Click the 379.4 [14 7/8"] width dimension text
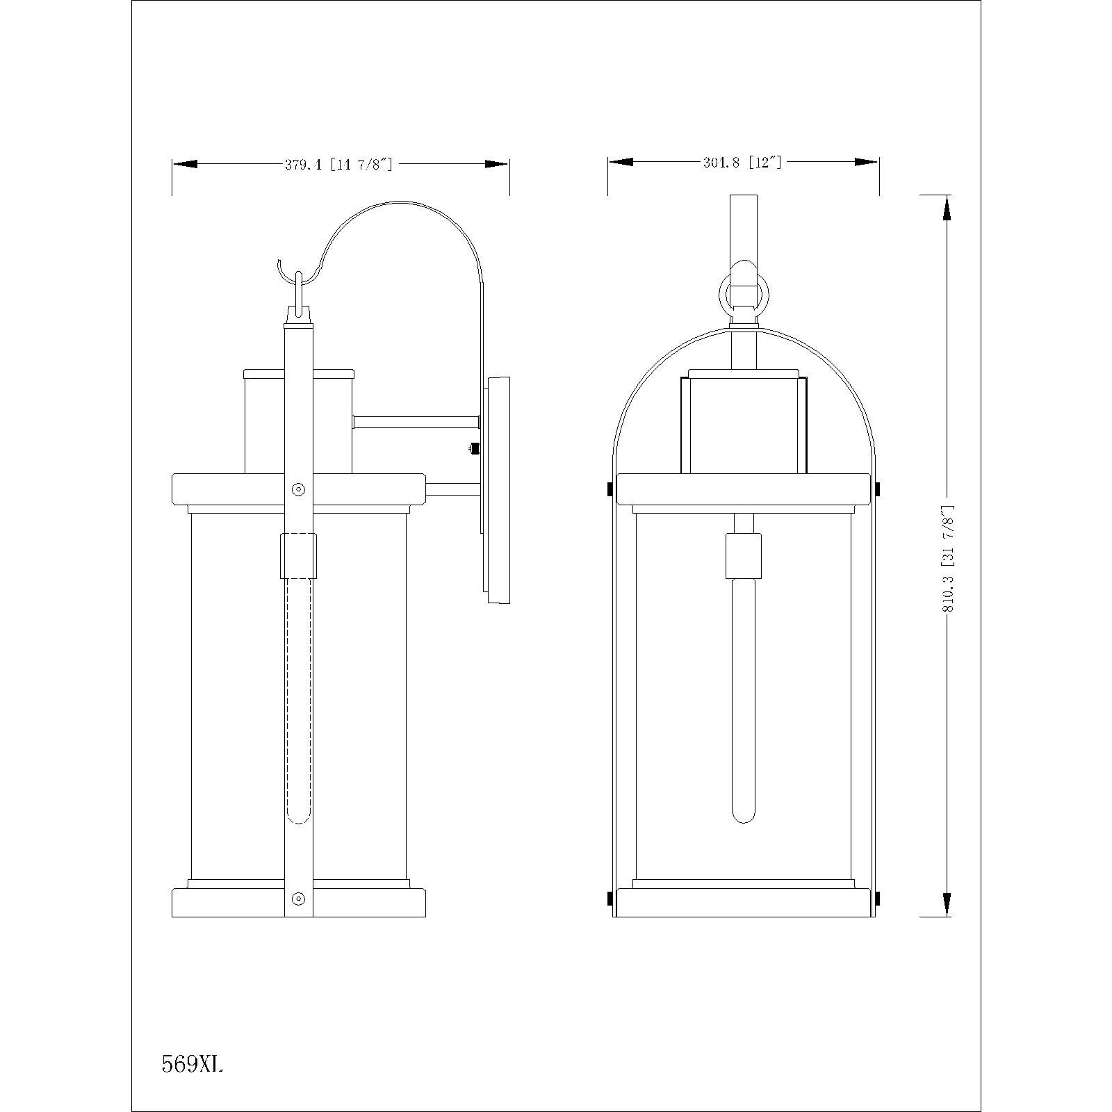[339, 165]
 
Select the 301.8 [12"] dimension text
[742, 163]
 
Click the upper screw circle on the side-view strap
[299, 489]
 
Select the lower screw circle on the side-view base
[299, 899]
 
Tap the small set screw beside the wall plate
[475, 449]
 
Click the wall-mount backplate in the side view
[496, 490]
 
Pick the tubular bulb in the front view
[744, 702]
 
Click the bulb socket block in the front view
[744, 555]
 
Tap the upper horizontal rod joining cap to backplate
[416, 422]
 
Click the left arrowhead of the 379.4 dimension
[185, 164]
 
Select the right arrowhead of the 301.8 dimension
[867, 162]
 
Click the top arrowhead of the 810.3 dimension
[945, 208]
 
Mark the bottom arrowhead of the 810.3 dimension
[945, 903]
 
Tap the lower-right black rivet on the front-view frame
[877, 899]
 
